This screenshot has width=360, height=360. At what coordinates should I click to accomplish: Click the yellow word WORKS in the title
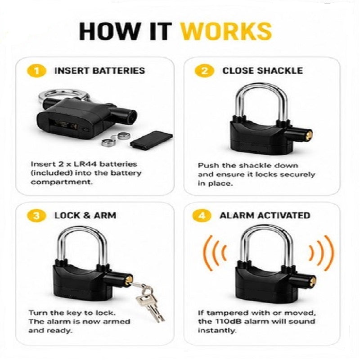tap(226, 31)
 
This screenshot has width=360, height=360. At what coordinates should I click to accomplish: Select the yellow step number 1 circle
tap(36, 71)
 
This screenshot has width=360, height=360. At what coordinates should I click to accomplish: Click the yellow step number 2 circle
tap(204, 71)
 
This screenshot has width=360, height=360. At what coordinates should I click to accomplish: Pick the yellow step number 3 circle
tap(36, 216)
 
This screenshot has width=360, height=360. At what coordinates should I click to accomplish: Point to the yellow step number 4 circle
tap(202, 216)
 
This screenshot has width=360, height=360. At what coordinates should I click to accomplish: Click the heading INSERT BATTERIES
tap(99, 71)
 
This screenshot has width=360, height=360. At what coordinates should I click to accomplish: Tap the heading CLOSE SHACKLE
tap(262, 71)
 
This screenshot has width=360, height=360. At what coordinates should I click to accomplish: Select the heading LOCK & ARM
tap(85, 216)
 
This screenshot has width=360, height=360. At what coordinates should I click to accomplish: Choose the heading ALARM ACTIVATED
tap(265, 216)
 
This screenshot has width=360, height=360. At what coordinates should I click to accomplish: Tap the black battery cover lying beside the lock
tap(151, 139)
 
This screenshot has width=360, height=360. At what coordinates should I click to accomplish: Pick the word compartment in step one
tap(62, 182)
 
